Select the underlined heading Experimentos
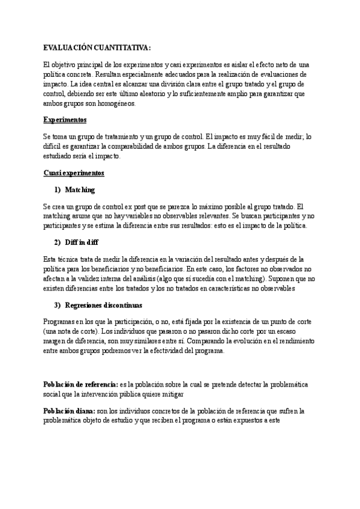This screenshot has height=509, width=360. tap(65, 119)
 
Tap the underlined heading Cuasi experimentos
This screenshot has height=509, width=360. tap(74, 173)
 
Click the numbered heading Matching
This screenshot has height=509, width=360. tap(80, 190)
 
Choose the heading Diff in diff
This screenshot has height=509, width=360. tap(82, 242)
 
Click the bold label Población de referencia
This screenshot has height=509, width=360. tap(80, 384)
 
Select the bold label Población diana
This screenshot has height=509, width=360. tap(68, 411)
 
